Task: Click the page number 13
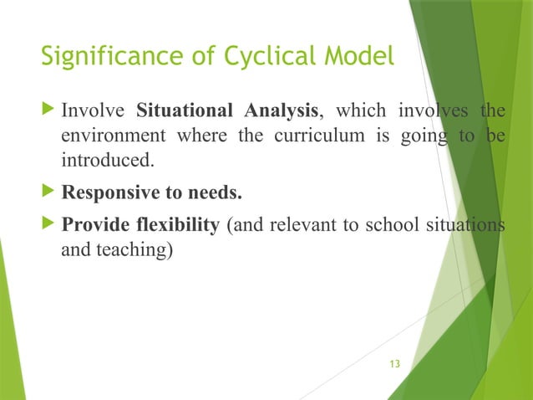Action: (395, 364)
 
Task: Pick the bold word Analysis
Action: (277, 112)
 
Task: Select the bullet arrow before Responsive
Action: (48, 194)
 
